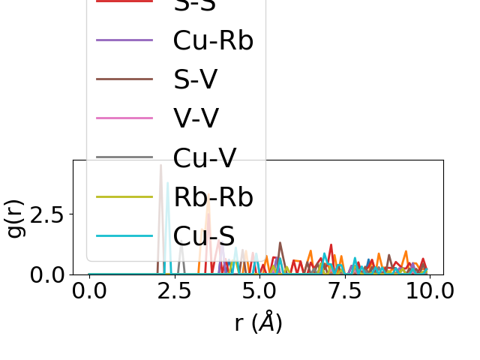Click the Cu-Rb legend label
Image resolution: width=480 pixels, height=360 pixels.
[213, 40]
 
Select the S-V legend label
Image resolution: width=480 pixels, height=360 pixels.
[195, 79]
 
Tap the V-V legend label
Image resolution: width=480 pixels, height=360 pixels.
[196, 118]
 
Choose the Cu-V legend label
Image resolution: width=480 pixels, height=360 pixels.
[205, 157]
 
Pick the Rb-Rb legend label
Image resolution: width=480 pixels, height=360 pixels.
[213, 196]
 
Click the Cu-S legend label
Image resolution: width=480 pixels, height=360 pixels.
[204, 235]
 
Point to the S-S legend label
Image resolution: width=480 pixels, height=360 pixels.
[195, 4]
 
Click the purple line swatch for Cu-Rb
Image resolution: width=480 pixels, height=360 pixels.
[124, 40]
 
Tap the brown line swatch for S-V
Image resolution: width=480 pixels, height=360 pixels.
[124, 79]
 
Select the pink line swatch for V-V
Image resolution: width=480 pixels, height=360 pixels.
[124, 118]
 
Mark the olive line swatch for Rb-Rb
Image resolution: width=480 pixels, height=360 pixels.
[124, 196]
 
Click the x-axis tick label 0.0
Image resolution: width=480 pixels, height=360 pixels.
[89, 291]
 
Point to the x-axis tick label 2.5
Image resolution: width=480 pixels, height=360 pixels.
[175, 291]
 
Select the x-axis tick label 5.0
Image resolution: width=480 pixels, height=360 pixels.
[259, 291]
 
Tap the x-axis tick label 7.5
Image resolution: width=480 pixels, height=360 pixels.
[344, 291]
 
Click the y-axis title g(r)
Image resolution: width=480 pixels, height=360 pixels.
[16, 217]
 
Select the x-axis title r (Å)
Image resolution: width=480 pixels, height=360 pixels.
[258, 322]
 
